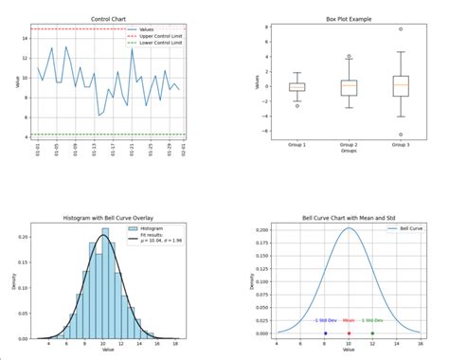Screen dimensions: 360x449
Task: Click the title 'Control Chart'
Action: click(x=110, y=19)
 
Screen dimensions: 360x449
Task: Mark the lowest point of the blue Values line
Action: click(x=99, y=116)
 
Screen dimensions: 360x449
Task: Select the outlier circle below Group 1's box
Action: click(x=296, y=105)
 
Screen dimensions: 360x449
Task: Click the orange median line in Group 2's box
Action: click(x=349, y=84)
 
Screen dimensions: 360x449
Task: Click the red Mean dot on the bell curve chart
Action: click(x=349, y=333)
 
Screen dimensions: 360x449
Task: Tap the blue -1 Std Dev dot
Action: click(x=325, y=333)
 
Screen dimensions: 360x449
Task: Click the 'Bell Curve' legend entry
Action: click(x=411, y=230)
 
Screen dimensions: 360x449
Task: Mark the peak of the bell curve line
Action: click(x=349, y=228)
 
